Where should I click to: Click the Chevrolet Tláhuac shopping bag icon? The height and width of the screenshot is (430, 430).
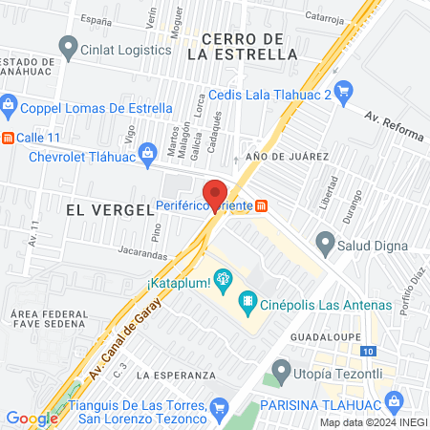click(x=148, y=154)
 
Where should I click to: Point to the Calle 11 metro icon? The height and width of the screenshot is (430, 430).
click(x=9, y=138)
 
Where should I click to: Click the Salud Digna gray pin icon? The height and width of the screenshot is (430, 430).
click(x=327, y=245)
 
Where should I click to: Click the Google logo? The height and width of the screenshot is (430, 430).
click(x=32, y=419)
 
